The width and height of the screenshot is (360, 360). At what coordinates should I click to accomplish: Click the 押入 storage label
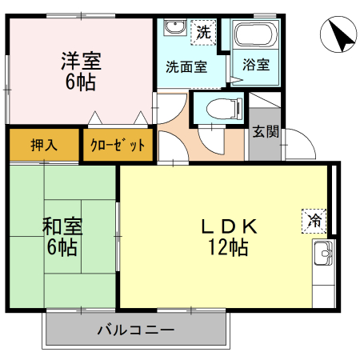(x=44, y=145)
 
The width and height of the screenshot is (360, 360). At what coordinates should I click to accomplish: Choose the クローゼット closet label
(x=118, y=145)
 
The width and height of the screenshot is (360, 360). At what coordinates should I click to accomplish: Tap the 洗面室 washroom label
(x=186, y=67)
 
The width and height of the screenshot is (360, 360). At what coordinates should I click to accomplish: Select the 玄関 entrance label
(x=265, y=132)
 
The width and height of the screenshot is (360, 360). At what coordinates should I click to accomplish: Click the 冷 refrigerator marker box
(x=314, y=218)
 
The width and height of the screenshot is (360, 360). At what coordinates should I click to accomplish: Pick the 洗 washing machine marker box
(x=204, y=34)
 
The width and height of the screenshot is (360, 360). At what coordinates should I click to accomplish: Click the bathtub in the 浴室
(x=255, y=36)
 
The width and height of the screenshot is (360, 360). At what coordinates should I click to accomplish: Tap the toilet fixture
(x=218, y=108)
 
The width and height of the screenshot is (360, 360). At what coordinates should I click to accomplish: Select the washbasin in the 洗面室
(x=173, y=30)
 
